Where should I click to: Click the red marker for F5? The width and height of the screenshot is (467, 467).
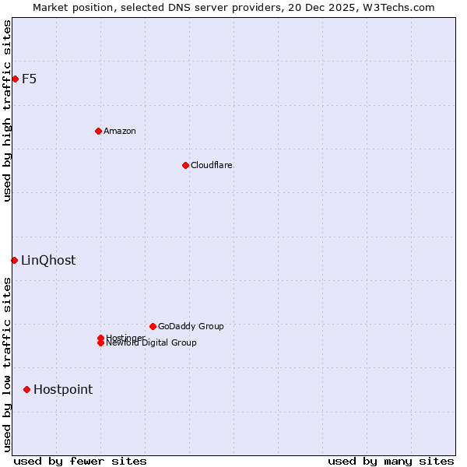[x=15, y=79]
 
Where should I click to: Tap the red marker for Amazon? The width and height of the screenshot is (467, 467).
[x=98, y=131]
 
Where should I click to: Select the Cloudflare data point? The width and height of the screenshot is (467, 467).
[x=185, y=165]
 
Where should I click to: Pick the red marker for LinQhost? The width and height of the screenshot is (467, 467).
[x=14, y=260]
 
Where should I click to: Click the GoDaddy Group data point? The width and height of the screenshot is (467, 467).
[x=153, y=326]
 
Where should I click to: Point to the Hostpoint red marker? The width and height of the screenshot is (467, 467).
[x=26, y=389]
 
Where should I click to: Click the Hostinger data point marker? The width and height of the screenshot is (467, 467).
[x=100, y=338]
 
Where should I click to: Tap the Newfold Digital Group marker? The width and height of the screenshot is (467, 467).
[x=100, y=343]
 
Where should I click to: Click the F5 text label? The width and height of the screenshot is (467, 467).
[x=29, y=79]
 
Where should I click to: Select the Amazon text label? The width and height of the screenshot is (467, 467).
[x=120, y=131]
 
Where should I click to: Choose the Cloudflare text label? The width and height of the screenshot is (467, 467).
[x=211, y=165]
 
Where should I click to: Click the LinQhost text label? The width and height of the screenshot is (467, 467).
[x=48, y=260]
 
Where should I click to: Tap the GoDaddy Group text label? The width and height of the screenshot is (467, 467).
[x=191, y=326]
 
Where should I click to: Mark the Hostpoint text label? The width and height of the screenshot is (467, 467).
[x=63, y=389]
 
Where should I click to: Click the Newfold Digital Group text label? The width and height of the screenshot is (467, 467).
[x=151, y=343]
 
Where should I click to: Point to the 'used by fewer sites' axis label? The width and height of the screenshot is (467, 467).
[x=80, y=461]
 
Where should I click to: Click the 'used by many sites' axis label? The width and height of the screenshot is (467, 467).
[x=391, y=461]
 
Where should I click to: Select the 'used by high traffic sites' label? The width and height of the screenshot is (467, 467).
[x=7, y=111]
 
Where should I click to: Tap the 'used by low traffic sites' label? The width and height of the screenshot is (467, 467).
[x=7, y=364]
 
